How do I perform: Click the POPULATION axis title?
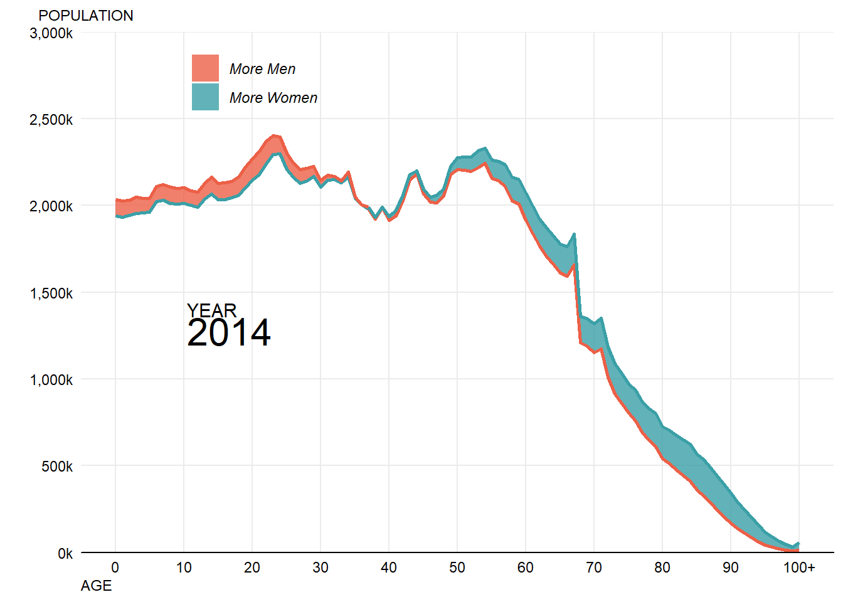86,16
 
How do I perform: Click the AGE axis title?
97,586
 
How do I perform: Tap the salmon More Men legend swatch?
205,68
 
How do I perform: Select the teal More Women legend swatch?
205,97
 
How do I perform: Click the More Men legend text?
262,69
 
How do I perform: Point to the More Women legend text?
273,98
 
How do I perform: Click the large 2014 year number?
229,333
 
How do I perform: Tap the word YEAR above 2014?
212,310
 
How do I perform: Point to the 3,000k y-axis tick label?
51,33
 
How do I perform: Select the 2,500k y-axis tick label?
51,120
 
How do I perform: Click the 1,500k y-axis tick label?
51,293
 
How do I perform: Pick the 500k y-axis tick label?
57,467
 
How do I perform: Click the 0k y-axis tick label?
65,554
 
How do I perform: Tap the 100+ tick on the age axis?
799,568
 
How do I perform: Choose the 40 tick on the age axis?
389,568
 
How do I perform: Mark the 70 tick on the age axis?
594,568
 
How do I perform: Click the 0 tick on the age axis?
115,568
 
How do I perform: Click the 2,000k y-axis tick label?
51,206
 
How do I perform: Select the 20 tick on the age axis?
252,568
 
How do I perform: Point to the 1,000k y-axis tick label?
51,380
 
